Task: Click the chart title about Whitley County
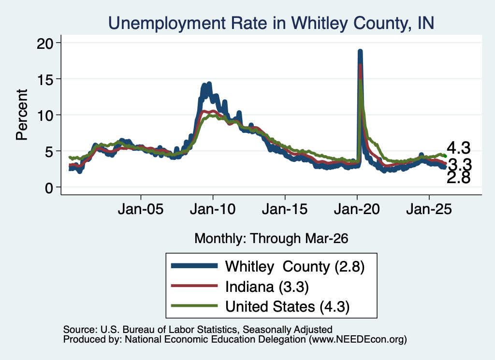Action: [x=271, y=23]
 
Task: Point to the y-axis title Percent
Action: [x=22, y=115]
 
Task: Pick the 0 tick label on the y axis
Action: [x=49, y=188]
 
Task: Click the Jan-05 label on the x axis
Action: [x=141, y=209]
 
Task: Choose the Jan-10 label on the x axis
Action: [x=213, y=209]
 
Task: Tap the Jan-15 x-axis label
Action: [x=285, y=209]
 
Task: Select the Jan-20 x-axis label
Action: [x=357, y=209]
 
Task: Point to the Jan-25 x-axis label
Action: [x=429, y=209]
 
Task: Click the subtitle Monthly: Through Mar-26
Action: [x=271, y=238]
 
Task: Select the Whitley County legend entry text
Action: [x=295, y=267]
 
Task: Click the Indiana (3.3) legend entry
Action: [x=267, y=287]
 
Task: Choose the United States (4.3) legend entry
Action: [x=287, y=307]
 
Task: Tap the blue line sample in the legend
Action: [x=194, y=266]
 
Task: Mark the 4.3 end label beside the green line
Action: [x=458, y=148]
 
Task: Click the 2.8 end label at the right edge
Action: [x=458, y=178]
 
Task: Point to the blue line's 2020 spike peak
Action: [x=360, y=51]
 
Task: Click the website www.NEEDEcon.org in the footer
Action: [x=357, y=339]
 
